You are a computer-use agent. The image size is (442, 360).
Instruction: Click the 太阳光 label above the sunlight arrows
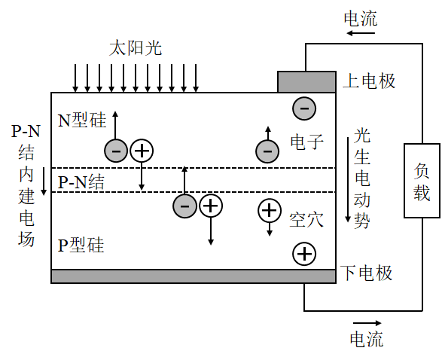tap(136, 49)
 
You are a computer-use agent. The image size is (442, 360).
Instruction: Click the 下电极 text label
tap(367, 273)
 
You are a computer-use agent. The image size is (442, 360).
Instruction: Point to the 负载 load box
tap(422, 180)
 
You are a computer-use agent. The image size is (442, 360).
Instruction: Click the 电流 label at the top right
tap(360, 20)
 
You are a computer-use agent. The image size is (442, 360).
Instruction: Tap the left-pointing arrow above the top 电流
tap(360, 5)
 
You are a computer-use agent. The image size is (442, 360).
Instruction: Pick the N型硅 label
tap(82, 121)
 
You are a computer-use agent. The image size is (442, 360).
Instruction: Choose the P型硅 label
tap(81, 246)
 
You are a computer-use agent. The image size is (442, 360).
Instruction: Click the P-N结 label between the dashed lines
tap(81, 181)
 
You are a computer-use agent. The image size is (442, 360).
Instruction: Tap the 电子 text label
tap(306, 141)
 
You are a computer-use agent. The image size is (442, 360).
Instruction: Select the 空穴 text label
tap(306, 220)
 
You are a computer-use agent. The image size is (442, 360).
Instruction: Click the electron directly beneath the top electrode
tap(303, 108)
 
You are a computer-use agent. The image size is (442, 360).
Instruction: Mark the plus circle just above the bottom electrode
tap(304, 255)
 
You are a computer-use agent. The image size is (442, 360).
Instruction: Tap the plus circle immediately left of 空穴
tap(270, 211)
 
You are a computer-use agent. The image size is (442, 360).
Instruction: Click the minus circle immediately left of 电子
tap(267, 151)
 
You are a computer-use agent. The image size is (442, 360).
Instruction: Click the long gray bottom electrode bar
tap(193, 276)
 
